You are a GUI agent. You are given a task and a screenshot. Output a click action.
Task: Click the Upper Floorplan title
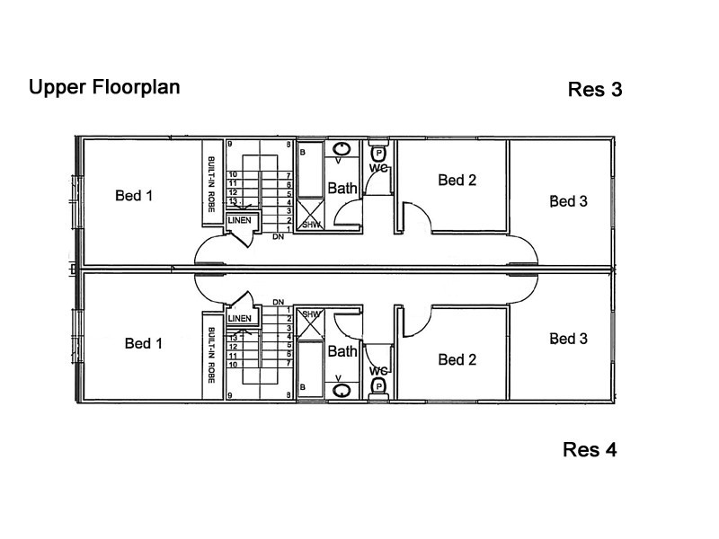coord(104,87)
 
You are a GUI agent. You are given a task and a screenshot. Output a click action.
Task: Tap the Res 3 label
coord(595,89)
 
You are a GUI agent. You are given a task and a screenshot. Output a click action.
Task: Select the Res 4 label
coord(590,450)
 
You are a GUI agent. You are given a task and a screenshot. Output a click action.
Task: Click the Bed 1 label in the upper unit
coord(134,196)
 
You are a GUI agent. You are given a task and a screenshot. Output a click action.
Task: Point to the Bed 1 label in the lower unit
coord(144,343)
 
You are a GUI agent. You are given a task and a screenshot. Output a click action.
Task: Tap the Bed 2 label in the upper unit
coord(457,181)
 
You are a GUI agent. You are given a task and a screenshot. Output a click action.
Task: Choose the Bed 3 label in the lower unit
coord(569,339)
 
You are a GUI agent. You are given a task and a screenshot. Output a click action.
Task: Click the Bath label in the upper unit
coord(342,188)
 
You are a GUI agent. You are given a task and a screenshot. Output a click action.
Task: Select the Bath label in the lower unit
coord(342,351)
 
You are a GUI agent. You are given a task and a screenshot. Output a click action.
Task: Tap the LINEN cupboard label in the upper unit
coord(239,220)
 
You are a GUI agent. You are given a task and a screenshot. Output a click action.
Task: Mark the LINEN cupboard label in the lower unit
coord(239,318)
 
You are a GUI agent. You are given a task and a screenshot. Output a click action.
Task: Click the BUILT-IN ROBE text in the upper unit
coord(211,184)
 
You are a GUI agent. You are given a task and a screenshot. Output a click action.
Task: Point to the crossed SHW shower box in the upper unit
coord(310,214)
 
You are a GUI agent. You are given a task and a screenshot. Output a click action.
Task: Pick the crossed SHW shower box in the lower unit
coord(310,324)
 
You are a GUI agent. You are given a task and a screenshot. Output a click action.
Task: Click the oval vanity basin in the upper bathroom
coord(342,149)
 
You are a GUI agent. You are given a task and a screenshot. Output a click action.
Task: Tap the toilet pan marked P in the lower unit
coord(378,386)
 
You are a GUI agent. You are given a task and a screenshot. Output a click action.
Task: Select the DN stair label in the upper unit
coord(278,237)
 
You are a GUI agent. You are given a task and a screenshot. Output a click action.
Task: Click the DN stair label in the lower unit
coord(278,302)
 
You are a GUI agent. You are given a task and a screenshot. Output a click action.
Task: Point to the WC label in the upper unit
coord(378,168)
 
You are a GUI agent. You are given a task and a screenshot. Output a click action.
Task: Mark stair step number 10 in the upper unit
coord(233,174)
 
